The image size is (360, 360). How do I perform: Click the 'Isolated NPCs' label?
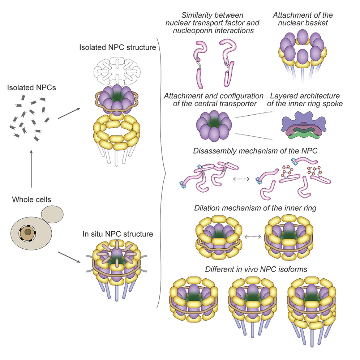(x=31, y=88)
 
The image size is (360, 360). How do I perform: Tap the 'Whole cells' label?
(x=31, y=200)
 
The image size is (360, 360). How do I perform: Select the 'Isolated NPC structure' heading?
(x=117, y=47)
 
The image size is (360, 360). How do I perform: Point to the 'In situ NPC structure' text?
(x=118, y=234)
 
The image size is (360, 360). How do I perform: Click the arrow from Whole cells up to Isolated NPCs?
(x=31, y=169)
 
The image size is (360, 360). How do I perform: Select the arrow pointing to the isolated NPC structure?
(x=69, y=113)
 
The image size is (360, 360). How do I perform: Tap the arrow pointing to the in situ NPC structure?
(x=69, y=257)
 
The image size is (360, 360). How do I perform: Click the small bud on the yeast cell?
(x=52, y=214)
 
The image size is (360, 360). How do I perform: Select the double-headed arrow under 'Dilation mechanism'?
(x=253, y=237)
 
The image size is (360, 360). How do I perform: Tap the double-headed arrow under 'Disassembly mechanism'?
(x=241, y=179)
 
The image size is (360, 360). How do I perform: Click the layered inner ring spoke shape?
(x=304, y=125)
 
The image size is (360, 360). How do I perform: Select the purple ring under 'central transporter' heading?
(x=214, y=125)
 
